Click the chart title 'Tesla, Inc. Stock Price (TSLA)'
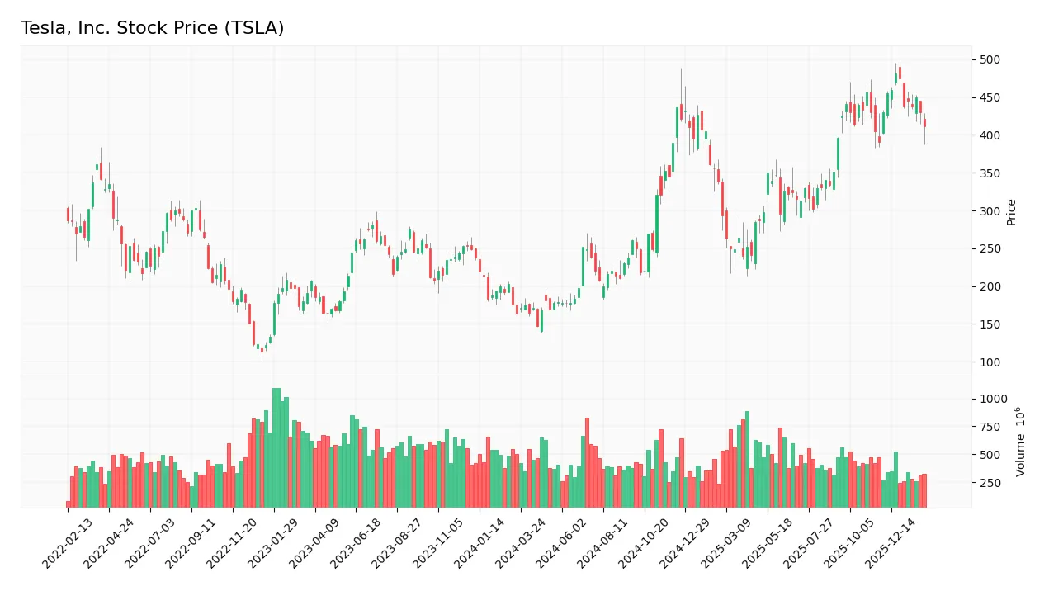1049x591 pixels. click(x=152, y=28)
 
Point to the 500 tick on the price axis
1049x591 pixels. click(x=990, y=59)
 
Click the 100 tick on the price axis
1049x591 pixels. click(x=990, y=362)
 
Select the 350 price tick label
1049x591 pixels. click(x=990, y=173)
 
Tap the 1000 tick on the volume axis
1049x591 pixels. click(x=993, y=399)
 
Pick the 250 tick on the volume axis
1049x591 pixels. click(x=990, y=483)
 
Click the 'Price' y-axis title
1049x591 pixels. click(x=1011, y=211)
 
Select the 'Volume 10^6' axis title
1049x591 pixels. click(x=1021, y=441)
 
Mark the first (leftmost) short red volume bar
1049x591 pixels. click(x=68, y=504)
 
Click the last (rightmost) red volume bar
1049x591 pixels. click(x=924, y=490)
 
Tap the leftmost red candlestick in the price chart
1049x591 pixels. click(x=68, y=215)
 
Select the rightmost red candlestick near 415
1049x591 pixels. click(x=924, y=123)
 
